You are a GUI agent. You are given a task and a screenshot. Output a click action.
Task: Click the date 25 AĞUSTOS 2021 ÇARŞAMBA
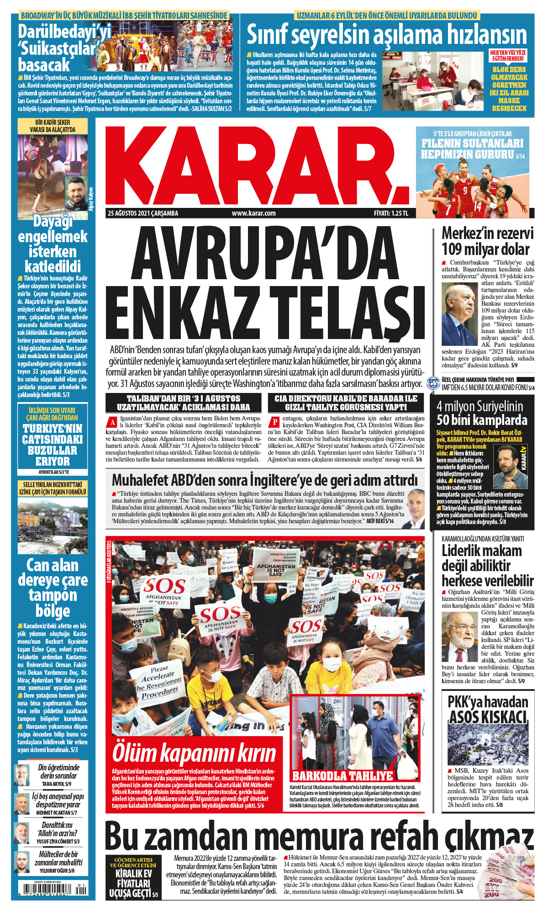[143, 213]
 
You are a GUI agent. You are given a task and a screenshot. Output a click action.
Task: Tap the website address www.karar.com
[253, 213]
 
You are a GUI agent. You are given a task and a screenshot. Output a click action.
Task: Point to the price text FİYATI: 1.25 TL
[391, 213]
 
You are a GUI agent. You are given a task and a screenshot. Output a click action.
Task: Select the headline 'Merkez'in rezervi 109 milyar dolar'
[487, 241]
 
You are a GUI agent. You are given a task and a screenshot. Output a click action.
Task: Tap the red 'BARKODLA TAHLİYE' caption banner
[342, 775]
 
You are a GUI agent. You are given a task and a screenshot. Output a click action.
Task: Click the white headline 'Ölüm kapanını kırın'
[194, 753]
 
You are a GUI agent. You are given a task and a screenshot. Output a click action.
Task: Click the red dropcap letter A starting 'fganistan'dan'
[111, 422]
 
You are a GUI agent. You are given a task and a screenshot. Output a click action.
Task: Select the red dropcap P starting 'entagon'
[274, 422]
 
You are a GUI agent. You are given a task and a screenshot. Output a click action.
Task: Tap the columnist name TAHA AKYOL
[57, 784]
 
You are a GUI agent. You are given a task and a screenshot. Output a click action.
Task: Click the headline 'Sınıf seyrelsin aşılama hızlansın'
[386, 34]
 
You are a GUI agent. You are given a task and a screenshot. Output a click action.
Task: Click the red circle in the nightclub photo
[33, 159]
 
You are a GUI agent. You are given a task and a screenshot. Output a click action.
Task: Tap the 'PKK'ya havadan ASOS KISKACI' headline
[487, 709]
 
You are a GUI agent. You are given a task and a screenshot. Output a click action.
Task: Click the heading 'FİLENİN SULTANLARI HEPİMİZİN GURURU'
[472, 149]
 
